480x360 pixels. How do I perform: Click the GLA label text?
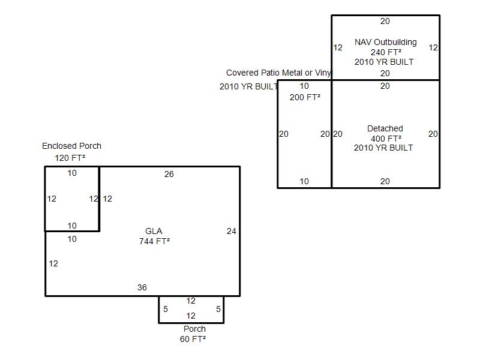154,231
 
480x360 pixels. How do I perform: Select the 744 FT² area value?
154,241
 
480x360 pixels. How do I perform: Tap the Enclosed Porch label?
71,146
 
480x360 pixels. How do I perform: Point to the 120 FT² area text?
70,158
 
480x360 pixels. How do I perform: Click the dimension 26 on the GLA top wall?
169,174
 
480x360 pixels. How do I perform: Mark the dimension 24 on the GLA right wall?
232,231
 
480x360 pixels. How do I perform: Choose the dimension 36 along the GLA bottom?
142,287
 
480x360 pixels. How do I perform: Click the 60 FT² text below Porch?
193,339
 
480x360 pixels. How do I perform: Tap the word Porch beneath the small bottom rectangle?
194,329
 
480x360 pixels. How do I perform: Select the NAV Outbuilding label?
386,42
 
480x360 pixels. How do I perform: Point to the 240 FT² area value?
386,52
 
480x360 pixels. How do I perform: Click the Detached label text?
385,128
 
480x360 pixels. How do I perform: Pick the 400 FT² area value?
386,139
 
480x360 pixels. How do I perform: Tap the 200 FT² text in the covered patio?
305,97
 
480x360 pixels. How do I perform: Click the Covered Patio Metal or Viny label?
278,73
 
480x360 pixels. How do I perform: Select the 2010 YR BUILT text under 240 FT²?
384,62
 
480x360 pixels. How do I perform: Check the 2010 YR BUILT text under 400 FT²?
383,148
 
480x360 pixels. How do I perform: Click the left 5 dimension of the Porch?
166,309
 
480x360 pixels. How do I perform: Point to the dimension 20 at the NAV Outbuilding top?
385,21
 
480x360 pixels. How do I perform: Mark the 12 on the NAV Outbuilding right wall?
433,47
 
